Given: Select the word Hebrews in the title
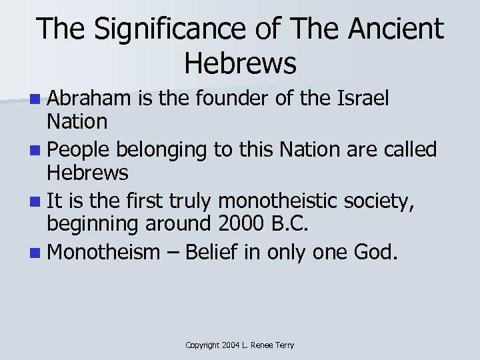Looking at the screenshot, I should (x=240, y=63).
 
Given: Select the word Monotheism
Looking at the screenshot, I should (x=105, y=252).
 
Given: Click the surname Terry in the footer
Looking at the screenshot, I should (x=281, y=345).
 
